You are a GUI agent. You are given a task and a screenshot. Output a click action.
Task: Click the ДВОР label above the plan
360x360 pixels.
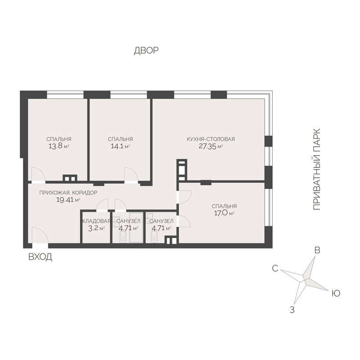pos(146,50)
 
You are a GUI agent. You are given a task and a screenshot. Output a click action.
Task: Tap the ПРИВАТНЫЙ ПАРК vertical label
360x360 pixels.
pos(317,170)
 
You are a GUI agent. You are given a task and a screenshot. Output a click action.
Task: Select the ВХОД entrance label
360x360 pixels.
pos(40,257)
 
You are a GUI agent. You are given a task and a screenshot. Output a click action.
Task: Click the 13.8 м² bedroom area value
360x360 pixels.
pos(59,146)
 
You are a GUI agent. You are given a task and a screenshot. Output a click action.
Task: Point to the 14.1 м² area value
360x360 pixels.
pos(121,146)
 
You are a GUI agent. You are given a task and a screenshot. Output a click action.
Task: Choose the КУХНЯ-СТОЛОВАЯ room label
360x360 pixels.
pos(211,139)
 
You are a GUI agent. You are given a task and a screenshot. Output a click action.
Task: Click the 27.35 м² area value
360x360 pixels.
pos(211,146)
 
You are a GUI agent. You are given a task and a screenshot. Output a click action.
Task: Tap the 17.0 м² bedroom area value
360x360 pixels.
pos(224,213)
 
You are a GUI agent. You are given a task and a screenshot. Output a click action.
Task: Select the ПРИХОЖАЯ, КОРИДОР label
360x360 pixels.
pos(68,193)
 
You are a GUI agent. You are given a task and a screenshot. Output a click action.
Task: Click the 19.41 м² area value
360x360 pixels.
pos(68,200)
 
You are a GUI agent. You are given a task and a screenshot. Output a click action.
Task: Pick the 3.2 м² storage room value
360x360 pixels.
pos(96,229)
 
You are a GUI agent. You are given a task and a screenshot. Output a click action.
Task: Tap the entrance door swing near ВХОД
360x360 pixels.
pos(40,235)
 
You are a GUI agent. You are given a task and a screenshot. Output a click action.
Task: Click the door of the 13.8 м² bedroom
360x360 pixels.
pos(38,174)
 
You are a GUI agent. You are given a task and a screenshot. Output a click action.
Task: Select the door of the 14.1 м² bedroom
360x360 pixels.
pos(131,174)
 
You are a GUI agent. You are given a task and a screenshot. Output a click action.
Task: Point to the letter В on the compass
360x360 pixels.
pos(317,250)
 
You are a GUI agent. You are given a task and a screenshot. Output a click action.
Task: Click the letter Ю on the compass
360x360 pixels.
pos(336,293)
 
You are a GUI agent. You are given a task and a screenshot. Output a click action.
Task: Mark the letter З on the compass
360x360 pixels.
pos(292,310)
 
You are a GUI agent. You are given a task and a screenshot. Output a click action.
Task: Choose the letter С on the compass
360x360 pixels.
pos(275,268)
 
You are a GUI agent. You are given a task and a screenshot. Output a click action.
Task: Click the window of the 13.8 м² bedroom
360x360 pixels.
pos(65,95)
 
